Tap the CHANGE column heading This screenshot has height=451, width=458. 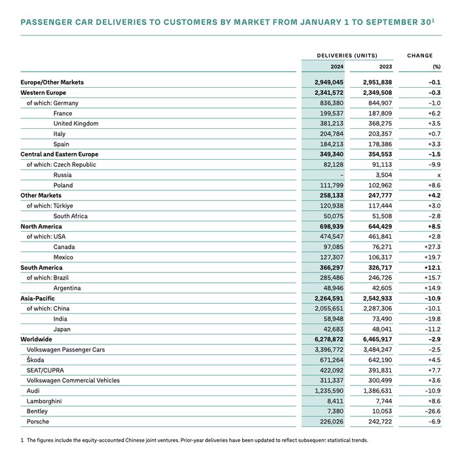pyautogui.click(x=420, y=56)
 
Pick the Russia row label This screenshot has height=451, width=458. pyautogui.click(x=63, y=175)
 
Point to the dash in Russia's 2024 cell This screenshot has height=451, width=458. pyautogui.click(x=342, y=175)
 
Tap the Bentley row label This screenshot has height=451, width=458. pyautogui.click(x=38, y=412)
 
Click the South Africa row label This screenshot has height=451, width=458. pyautogui.click(x=71, y=216)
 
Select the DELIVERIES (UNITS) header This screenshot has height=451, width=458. pyautogui.click(x=347, y=56)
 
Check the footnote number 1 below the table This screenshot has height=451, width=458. pyautogui.click(x=22, y=440)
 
